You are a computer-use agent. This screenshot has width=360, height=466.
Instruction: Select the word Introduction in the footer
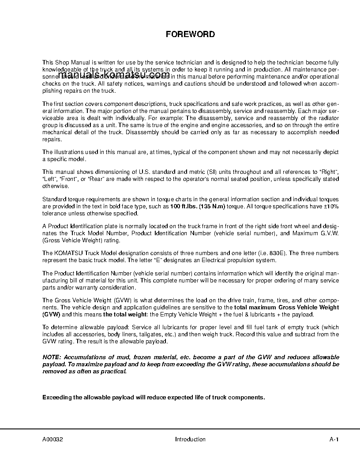tap(190, 439)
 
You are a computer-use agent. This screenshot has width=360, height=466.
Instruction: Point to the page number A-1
tap(334, 439)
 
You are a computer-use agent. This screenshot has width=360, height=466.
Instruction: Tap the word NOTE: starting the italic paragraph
tap(52, 357)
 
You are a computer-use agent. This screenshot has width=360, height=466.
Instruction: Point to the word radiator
tap(328, 118)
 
